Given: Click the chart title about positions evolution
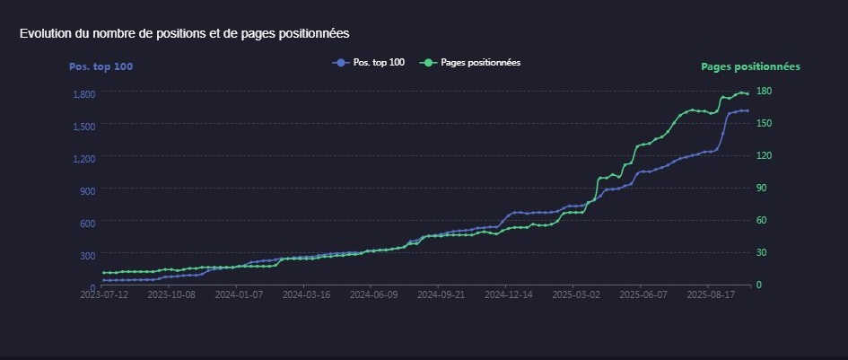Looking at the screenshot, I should pos(184,33).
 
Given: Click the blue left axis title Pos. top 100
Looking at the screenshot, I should pos(101,66).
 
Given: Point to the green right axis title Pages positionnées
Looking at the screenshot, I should pos(750,66).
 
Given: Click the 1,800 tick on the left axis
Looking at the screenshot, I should pos(84,94).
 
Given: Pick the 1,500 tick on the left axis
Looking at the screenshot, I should pos(84,127).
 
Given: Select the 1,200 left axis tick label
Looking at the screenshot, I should pos(84,159).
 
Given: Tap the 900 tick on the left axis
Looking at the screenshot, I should pos(88,191).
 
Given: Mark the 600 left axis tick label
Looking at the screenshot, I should pos(88,223).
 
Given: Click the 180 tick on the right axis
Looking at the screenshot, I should pos(765,91).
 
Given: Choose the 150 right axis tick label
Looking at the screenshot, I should pos(765,123).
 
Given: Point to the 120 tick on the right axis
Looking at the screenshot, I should pos(765,155).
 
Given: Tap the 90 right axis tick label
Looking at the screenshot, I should pos(763,188).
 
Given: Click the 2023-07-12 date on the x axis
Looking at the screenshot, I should pos(104,293).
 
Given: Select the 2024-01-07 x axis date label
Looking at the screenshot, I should pos(239,293).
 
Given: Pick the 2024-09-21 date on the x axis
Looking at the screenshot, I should pos(441,293).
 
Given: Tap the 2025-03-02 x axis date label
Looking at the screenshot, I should pos(575,293).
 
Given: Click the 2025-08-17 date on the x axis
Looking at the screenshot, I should pos(710,293).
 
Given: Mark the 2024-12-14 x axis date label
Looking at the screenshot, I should pos(508,293).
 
